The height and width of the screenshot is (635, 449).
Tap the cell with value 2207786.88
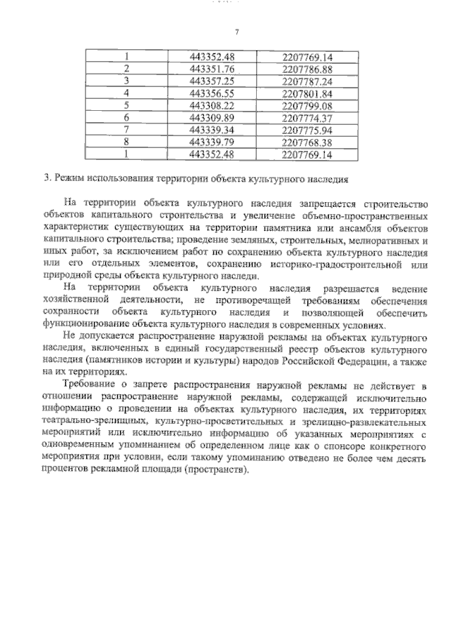[306, 69]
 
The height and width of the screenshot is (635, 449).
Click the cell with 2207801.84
[306, 93]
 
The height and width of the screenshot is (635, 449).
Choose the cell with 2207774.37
[306, 116]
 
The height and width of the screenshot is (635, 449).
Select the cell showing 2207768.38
[306, 140]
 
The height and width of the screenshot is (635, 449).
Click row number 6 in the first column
[127, 116]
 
